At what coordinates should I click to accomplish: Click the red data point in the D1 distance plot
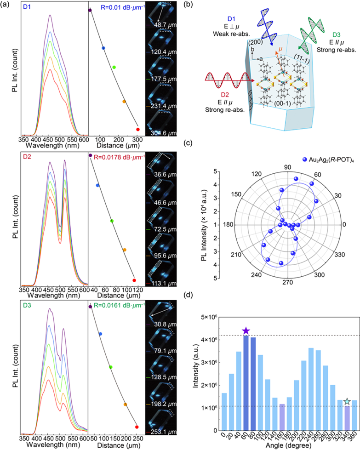[x=137, y=129]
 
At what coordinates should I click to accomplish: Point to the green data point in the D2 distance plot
[x=112, y=221]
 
